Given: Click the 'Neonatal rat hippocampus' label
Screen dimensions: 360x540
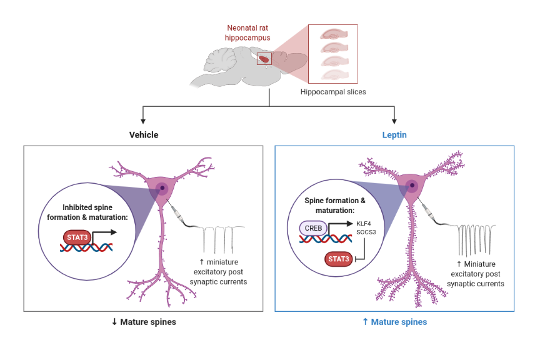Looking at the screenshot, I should (248, 32).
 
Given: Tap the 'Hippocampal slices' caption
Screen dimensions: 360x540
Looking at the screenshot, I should (333, 92).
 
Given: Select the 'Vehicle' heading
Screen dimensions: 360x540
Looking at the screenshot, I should (144, 135).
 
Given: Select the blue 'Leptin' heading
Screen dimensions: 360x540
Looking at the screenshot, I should (394, 135).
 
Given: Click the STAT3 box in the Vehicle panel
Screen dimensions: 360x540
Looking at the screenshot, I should (76, 237).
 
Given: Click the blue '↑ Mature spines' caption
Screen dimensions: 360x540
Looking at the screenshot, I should (394, 322).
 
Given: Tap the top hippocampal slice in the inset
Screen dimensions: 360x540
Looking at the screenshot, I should (333, 35).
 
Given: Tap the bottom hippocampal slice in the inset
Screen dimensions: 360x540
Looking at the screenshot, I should (333, 74).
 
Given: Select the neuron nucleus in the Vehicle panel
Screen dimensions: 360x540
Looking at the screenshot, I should (162, 187).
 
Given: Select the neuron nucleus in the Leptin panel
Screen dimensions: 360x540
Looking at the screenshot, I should (412, 185).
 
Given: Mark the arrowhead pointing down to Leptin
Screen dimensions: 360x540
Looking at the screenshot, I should (394, 121).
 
